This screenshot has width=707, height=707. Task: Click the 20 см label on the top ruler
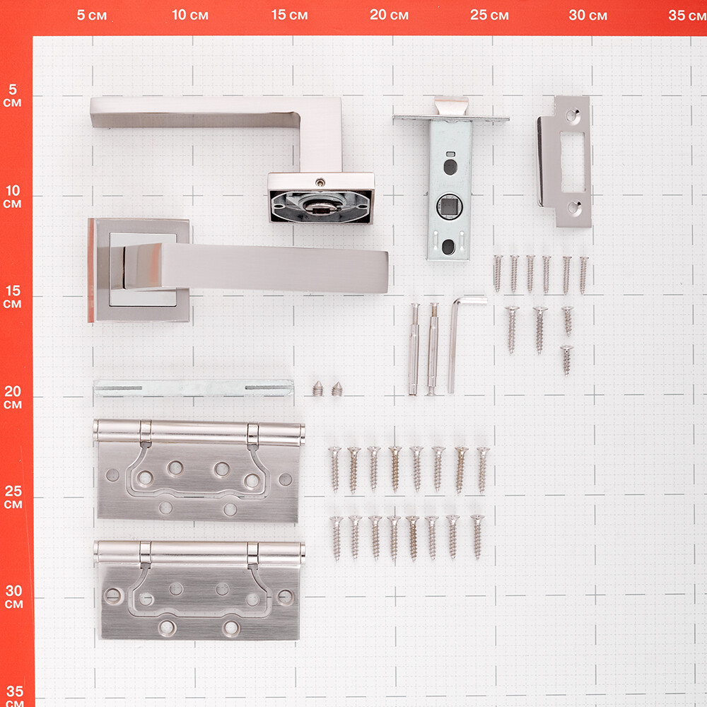tap(389, 15)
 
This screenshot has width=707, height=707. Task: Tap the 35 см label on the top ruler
tap(687, 16)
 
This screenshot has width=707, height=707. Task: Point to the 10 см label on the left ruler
tap(13, 196)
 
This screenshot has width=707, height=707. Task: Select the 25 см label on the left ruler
tap(13, 497)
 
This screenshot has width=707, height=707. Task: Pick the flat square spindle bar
tap(194, 387)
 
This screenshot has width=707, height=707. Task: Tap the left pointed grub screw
tap(318, 389)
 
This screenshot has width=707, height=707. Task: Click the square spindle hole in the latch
tap(449, 206)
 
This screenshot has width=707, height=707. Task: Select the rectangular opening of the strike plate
tap(573, 162)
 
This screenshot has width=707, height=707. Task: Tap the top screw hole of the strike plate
tap(573, 116)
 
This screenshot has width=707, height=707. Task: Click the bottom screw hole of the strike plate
tap(574, 208)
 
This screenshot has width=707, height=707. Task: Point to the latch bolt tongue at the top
tap(451, 106)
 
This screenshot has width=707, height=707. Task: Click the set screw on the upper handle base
tap(320, 182)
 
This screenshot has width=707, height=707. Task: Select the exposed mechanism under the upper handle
tap(320, 206)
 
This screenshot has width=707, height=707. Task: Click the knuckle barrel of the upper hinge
tap(199, 432)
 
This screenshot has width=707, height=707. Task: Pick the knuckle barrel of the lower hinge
tap(199, 553)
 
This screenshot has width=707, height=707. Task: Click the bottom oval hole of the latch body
tap(448, 247)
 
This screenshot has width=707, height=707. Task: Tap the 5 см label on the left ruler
tap(12, 95)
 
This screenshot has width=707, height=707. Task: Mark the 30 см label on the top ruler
tap(588, 16)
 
